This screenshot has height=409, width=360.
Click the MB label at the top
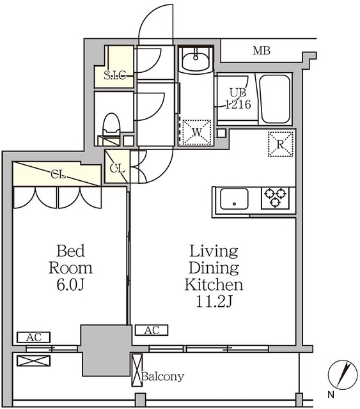point(262,50)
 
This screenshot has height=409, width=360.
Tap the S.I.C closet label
point(115,75)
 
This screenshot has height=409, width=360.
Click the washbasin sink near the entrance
point(196,60)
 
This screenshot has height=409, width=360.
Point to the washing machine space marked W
point(196,132)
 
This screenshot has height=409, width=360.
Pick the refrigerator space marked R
point(281,144)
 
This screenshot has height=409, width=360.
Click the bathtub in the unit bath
point(276,99)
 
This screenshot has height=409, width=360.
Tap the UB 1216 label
point(238,98)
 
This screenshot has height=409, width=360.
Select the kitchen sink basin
point(234,199)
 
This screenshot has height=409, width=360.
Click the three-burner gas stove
point(276,197)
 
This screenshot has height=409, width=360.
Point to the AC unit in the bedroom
point(34,337)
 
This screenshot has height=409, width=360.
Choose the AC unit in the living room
point(152,330)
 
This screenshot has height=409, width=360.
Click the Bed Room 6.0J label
point(70,268)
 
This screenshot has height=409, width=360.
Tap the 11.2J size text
point(214,302)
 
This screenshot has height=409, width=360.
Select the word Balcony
point(163,376)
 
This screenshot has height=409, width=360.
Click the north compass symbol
point(343,374)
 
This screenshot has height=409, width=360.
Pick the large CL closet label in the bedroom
point(58,174)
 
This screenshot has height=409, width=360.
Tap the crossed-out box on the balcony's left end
point(34,360)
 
